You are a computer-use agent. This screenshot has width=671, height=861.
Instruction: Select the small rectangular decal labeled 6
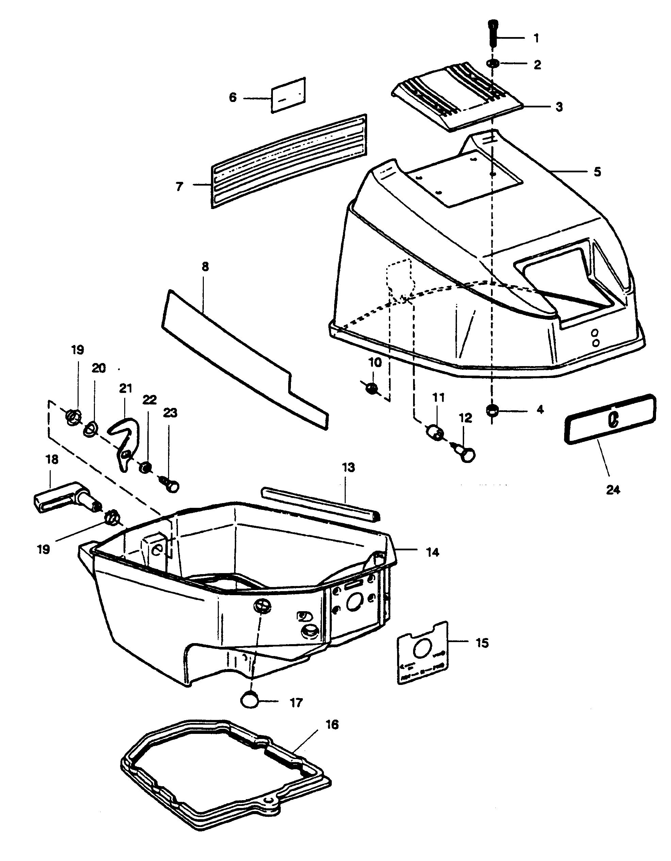click(288, 95)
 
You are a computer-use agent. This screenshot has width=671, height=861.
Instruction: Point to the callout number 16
click(332, 725)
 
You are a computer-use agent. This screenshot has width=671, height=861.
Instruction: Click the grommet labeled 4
click(492, 410)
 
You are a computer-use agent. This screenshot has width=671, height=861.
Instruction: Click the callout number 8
click(205, 266)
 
